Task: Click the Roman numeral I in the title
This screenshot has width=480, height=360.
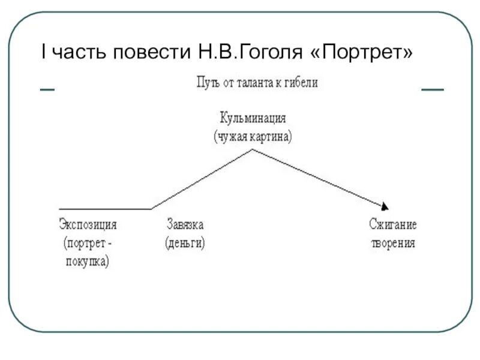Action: [x=43, y=53]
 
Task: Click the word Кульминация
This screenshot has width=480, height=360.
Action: [x=253, y=118]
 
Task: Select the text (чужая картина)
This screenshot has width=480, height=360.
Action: [x=253, y=136]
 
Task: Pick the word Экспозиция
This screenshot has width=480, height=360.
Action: [x=88, y=225]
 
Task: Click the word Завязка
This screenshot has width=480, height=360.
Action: [x=185, y=225]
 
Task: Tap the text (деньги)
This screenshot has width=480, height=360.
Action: [x=185, y=244]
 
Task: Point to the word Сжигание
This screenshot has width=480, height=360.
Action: [x=392, y=225]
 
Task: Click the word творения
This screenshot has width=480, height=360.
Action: [x=392, y=244]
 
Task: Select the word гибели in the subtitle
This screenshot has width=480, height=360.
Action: [x=299, y=83]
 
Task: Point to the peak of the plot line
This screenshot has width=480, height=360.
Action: [x=253, y=149]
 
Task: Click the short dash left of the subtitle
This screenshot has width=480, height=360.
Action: [x=47, y=89]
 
